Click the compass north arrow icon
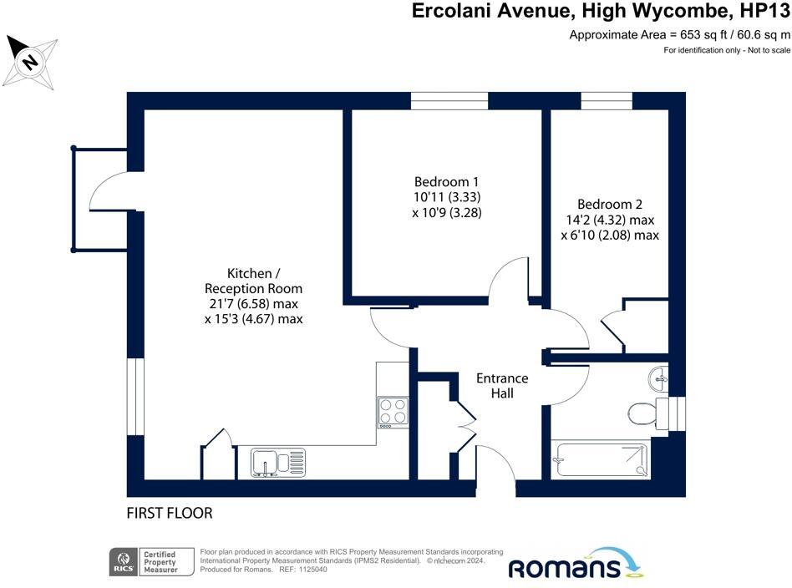click(32, 62)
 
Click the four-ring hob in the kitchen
click(392, 411)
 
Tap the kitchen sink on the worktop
click(278, 462)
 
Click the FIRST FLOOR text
click(170, 513)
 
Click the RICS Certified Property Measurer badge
click(151, 561)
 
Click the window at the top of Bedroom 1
click(449, 101)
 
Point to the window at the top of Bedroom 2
click(607, 101)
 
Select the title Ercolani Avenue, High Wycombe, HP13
click(601, 12)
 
